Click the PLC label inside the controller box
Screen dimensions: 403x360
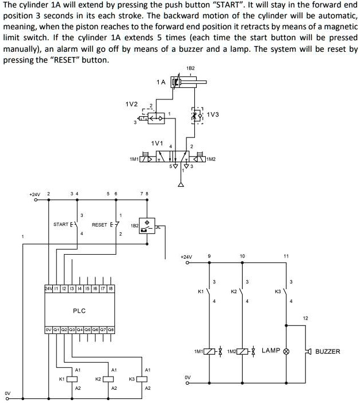(79, 310)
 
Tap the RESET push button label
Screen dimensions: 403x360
(99, 224)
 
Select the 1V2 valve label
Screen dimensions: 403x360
(131, 104)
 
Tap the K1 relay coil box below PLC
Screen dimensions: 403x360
(72, 379)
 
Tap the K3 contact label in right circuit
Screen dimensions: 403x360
(277, 292)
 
